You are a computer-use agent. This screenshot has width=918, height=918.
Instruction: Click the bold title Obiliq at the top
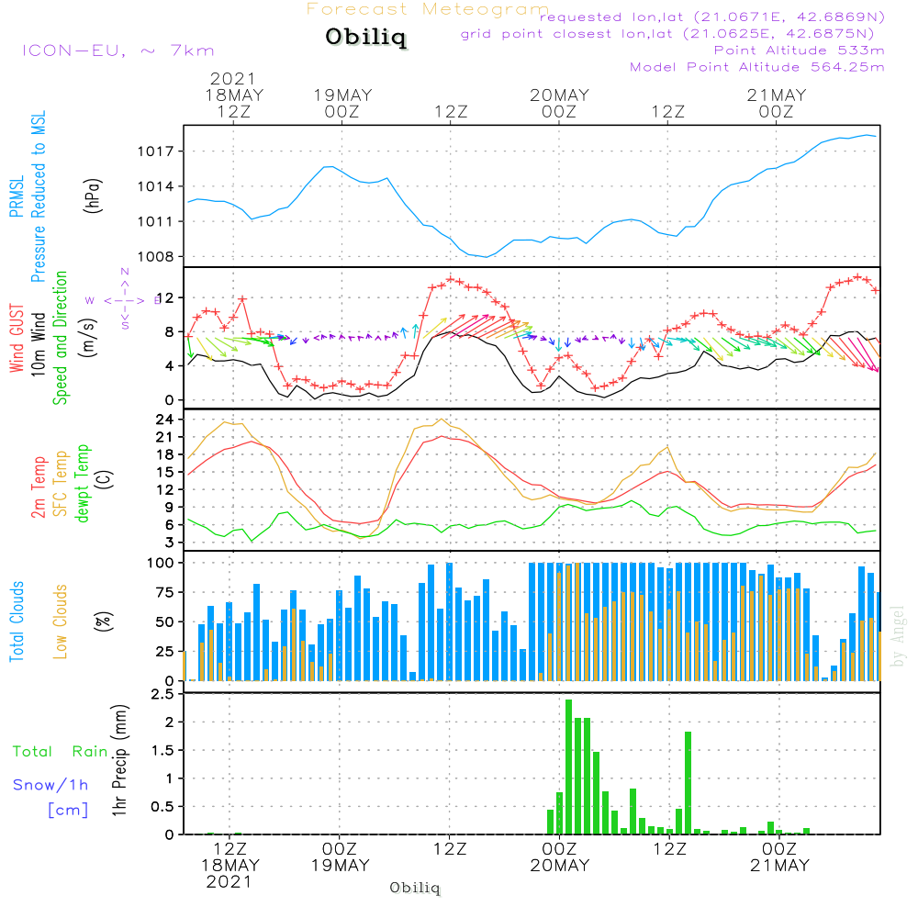365,38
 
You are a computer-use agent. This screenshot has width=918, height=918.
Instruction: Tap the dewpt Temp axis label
84,483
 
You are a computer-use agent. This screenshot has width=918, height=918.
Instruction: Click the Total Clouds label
17,621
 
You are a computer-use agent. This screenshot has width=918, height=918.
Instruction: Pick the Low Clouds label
61,621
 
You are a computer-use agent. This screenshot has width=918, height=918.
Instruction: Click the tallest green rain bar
569,767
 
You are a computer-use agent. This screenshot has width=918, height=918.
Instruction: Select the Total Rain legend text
61,752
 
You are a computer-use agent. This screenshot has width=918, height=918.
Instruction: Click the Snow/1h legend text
51,785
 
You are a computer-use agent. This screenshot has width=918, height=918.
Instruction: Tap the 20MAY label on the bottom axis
559,866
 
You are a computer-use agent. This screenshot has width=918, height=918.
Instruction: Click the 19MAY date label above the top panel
341,95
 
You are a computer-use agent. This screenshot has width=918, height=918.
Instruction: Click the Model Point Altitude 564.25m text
756,67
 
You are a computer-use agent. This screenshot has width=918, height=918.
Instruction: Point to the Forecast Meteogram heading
428,9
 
